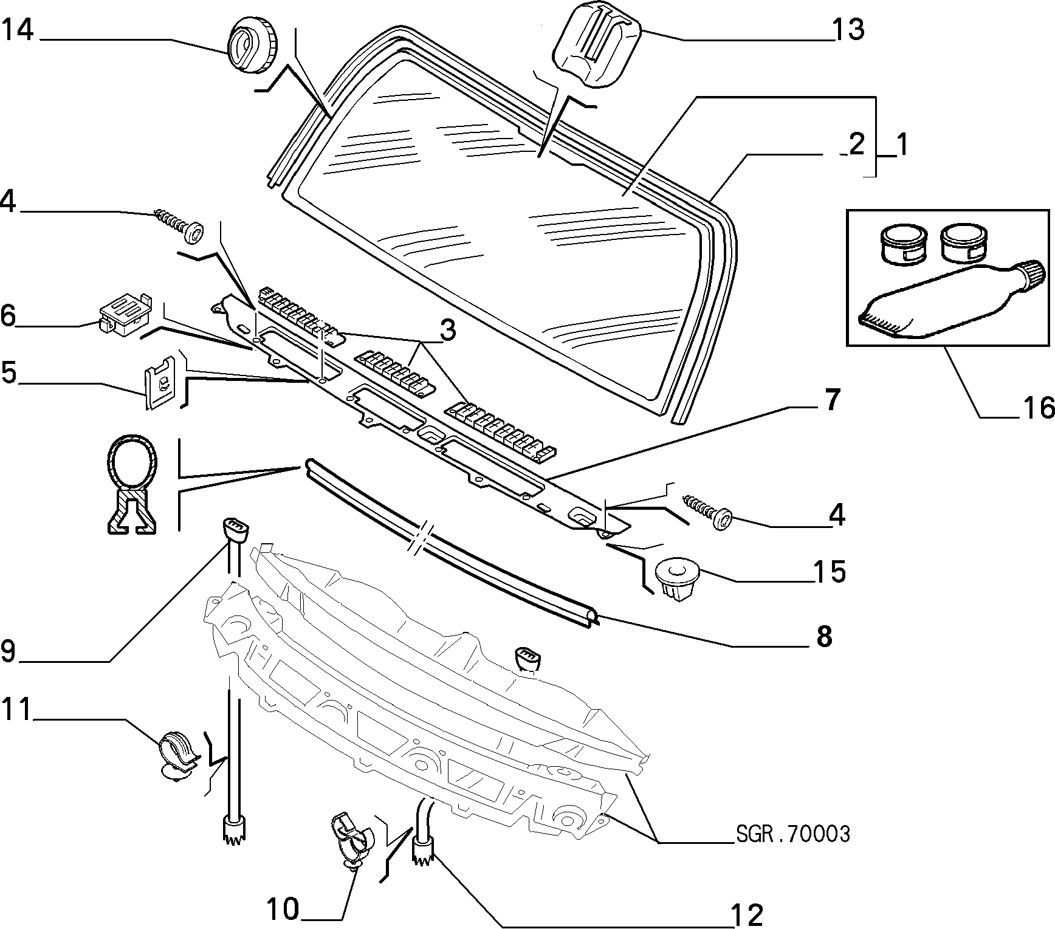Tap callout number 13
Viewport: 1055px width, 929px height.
(x=848, y=29)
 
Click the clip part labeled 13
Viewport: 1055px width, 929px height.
(x=597, y=46)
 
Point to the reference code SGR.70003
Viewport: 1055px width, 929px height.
(x=793, y=834)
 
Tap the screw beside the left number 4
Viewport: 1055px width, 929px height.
(x=179, y=226)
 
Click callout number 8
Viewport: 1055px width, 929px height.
(x=823, y=637)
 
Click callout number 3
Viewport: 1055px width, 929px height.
(x=447, y=331)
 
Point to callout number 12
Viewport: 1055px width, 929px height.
(x=747, y=914)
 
